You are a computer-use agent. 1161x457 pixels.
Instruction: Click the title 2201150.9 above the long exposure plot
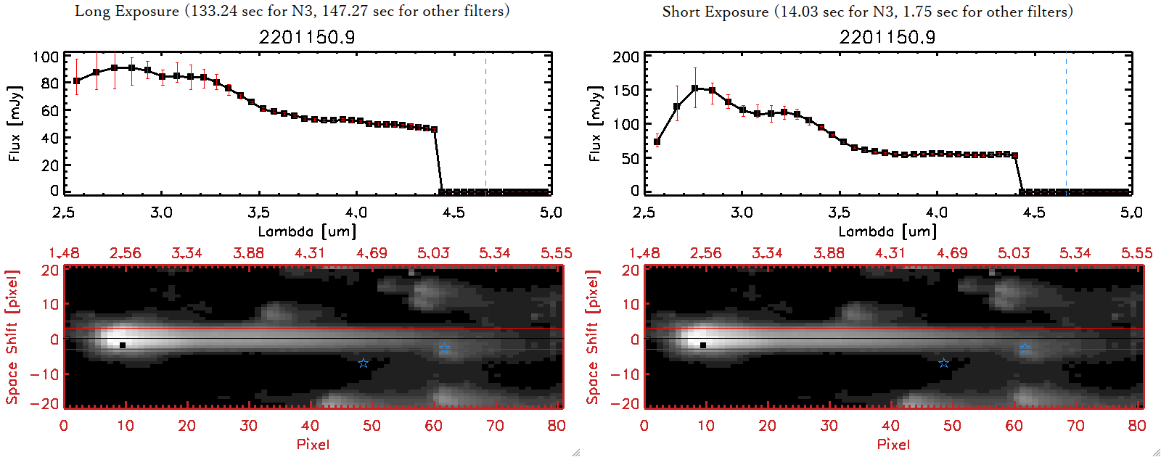[307, 37]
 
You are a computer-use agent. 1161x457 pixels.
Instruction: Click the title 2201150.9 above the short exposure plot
[887, 37]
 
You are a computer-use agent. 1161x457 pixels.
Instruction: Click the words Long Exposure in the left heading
[127, 11]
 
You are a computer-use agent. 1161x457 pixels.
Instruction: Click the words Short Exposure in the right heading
[715, 12]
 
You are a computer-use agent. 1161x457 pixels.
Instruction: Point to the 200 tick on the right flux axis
[626, 57]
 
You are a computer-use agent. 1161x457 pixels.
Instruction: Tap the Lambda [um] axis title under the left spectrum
[307, 231]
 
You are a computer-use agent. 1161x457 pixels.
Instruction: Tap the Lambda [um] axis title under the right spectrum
[887, 231]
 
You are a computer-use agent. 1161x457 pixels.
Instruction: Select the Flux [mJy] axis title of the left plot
[15, 123]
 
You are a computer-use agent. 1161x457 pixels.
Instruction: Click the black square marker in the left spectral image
[123, 345]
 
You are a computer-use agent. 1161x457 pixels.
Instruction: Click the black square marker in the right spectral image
[703, 345]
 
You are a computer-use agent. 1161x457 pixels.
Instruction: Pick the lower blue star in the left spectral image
[363, 363]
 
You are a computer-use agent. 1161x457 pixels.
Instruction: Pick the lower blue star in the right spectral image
[943, 363]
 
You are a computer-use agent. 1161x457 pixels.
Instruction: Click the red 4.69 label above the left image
[372, 253]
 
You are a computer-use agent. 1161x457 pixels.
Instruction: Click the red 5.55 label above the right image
[1136, 253]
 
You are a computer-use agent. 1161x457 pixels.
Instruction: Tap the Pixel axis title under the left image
[313, 444]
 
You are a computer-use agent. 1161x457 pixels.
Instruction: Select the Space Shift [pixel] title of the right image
[593, 337]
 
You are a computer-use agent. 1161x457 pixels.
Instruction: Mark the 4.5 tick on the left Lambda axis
[454, 213]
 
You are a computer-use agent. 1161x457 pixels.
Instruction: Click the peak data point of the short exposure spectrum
[695, 88]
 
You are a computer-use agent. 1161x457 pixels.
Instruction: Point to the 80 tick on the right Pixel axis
[1137, 426]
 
